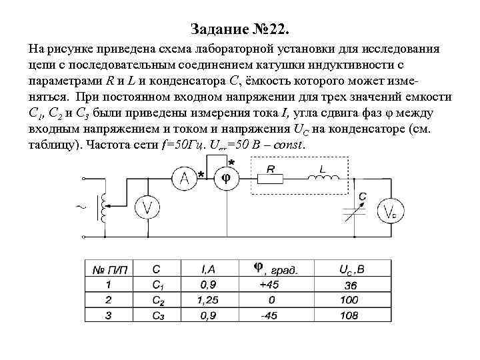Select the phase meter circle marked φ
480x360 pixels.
226,177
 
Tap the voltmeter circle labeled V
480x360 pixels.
147,207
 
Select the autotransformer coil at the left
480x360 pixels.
103,208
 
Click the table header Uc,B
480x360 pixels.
349,269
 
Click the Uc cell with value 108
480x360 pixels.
348,315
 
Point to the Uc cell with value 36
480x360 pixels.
349,285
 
